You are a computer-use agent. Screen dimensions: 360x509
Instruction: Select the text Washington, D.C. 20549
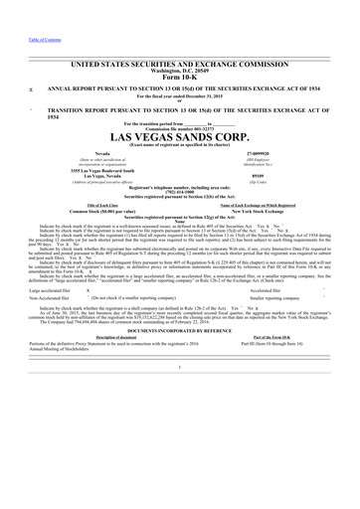pos(180,44)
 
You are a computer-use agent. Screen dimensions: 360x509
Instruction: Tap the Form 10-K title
pos(180,52)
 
